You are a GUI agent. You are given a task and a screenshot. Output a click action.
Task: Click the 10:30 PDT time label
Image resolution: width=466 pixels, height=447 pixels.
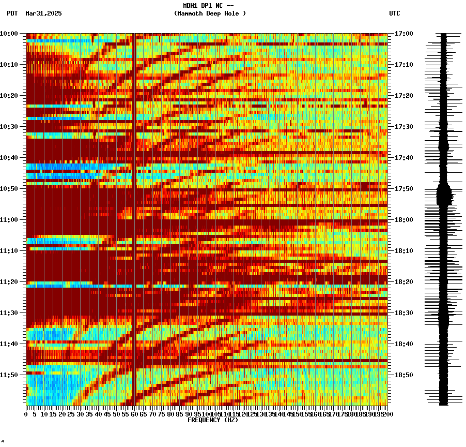(9, 127)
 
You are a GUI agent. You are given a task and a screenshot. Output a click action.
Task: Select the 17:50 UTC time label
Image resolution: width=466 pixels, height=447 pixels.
(403, 189)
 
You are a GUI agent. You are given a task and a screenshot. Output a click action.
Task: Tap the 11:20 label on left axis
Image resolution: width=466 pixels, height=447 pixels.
(9, 282)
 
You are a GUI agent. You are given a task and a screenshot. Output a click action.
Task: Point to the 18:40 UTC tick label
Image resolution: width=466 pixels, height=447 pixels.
(403, 344)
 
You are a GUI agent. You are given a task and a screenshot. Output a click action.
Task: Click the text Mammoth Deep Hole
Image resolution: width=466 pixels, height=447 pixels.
(210, 13)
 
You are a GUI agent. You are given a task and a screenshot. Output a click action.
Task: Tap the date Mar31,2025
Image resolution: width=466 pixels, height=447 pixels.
(43, 13)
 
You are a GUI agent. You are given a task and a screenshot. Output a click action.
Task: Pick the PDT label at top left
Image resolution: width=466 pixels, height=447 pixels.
(12, 13)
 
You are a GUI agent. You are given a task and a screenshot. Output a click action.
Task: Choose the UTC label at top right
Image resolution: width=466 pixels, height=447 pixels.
(394, 13)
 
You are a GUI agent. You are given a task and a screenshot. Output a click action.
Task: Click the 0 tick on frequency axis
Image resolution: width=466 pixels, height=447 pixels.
(26, 414)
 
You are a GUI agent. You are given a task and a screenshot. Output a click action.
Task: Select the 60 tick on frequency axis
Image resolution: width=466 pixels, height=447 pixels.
(135, 414)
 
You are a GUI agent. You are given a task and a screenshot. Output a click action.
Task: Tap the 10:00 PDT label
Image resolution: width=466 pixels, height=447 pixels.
(9, 34)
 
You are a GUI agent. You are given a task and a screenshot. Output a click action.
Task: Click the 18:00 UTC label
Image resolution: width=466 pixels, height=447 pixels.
(403, 220)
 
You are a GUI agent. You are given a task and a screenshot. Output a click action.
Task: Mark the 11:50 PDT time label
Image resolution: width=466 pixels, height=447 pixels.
(9, 375)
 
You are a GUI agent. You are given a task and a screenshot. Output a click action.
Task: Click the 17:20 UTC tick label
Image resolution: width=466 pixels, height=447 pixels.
(403, 96)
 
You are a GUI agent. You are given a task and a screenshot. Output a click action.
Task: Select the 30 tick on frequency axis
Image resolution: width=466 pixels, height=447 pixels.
(81, 414)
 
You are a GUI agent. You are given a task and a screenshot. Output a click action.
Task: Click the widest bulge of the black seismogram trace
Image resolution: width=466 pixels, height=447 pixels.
(444, 195)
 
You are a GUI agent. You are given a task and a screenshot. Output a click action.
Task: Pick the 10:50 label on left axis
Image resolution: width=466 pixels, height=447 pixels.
(9, 189)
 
